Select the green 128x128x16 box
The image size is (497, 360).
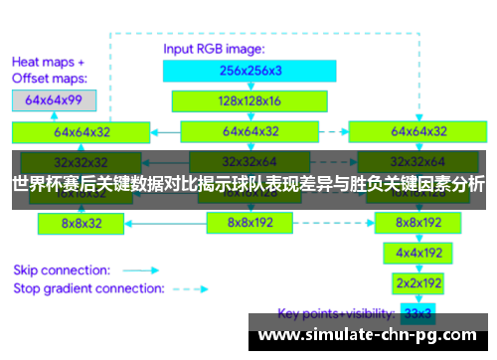236,100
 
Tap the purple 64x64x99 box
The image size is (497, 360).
55,100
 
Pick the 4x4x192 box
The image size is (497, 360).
418,254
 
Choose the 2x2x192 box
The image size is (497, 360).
418,283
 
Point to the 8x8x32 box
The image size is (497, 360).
81,224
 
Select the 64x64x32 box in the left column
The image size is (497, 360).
81,131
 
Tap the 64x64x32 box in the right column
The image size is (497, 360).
418,131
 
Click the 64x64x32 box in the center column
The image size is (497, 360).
249,131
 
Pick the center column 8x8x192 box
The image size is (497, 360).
249,224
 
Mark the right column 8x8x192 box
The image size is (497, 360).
418,224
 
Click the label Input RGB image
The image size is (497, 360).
214,48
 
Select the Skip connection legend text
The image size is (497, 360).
60,269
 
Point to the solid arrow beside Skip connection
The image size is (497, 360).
140,270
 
